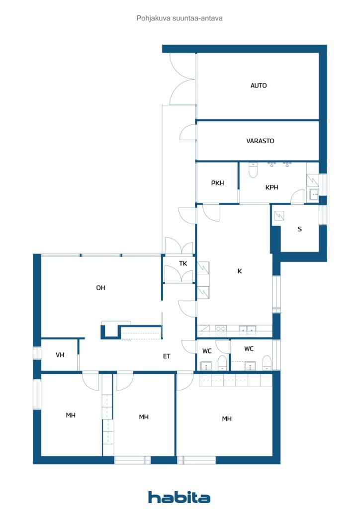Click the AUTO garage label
[258, 85]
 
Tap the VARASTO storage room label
[260, 141]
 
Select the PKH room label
[217, 183]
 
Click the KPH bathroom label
[271, 187]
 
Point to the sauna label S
[299, 229]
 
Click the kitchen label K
[239, 271]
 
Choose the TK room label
[183, 263]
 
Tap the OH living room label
[100, 288]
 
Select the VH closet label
[60, 355]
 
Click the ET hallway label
[167, 356]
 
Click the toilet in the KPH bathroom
[253, 170]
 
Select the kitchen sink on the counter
[247, 329]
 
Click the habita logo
[179, 497]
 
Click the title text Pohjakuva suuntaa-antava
[179, 18]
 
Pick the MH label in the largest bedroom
[227, 419]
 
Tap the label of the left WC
[207, 351]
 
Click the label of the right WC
[249, 349]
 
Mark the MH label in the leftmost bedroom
[71, 415]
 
